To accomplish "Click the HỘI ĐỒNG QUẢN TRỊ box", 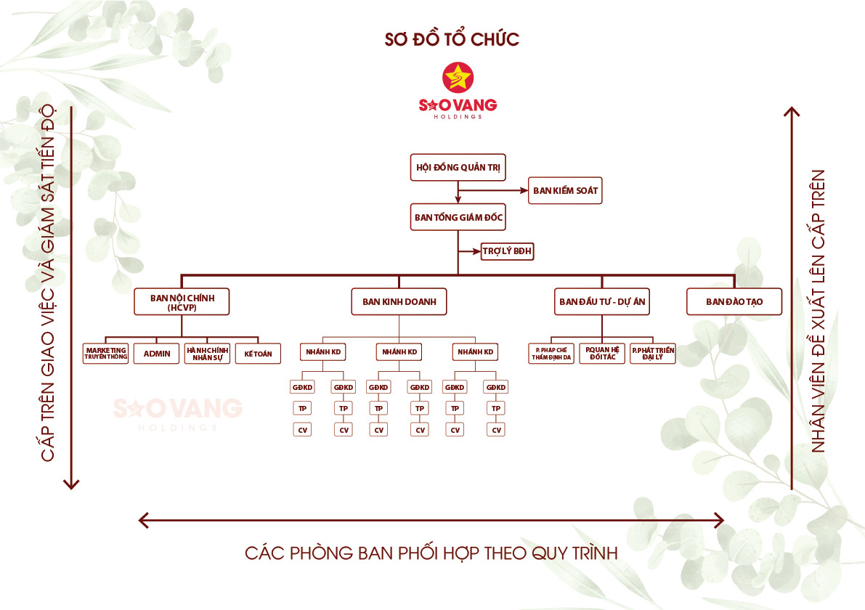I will (458, 167).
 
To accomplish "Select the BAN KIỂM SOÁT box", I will (565, 190).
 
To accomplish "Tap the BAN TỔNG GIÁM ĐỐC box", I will (458, 217).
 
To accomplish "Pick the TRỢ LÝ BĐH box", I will (508, 252).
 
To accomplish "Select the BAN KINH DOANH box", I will (399, 301).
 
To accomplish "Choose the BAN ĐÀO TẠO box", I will (734, 301).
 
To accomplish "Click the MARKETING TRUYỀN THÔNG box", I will (106, 354).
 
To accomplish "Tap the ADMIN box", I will (157, 354).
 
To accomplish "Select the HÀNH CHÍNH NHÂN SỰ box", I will (207, 354).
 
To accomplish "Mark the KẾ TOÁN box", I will (258, 354).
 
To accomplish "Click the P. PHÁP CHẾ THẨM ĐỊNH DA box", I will (552, 354).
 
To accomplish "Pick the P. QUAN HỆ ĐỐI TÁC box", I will (602, 354).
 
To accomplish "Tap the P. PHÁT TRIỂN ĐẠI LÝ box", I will (653, 354).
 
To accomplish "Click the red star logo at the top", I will (458, 78).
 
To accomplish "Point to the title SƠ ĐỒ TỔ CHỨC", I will (452, 39).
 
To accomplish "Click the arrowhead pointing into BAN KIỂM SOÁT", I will (522, 190).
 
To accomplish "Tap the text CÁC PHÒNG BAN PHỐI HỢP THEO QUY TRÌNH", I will (431, 553).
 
